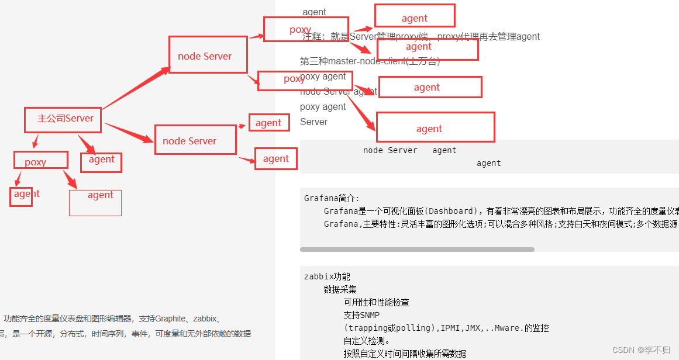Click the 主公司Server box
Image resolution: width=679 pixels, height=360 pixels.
(x=63, y=119)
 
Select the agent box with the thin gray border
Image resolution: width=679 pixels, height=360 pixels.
(x=95, y=203)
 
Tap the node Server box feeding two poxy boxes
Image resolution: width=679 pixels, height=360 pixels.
(x=208, y=55)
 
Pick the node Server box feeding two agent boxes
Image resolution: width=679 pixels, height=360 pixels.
(x=195, y=140)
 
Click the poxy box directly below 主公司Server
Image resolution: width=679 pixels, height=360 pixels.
(x=41, y=160)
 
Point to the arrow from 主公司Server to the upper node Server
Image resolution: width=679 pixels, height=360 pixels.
(x=136, y=88)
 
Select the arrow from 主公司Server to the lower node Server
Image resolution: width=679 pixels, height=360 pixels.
(x=129, y=133)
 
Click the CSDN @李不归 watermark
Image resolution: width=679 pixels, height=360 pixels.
(x=641, y=349)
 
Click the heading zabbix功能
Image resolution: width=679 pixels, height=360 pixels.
(x=327, y=276)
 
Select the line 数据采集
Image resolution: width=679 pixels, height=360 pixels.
(x=340, y=289)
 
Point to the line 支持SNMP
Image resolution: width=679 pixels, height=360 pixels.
(x=361, y=315)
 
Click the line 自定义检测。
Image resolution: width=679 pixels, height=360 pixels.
(x=366, y=341)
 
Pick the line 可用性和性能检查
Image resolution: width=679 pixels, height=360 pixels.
(x=376, y=302)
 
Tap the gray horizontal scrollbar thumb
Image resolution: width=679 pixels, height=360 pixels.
(x=417, y=250)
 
